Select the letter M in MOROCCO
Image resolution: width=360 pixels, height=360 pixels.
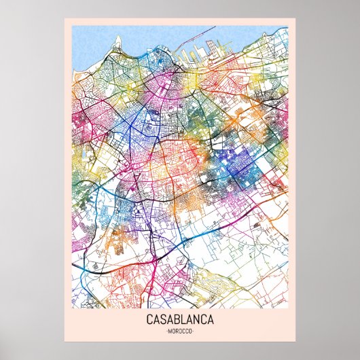point(169,331)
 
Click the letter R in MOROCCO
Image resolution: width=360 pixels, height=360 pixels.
point(178,331)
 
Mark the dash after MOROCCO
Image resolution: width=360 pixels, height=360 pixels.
point(194,331)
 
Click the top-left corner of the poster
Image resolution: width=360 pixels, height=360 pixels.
point(65,19)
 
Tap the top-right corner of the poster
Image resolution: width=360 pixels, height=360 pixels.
point(295,19)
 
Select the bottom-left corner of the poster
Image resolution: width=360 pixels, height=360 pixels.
point(65,341)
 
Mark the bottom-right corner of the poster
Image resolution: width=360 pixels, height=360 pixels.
point(295,341)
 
